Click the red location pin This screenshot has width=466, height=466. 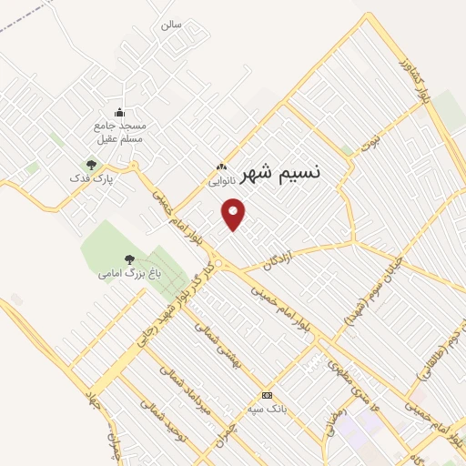(235, 215)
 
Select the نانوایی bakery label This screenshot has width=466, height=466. (222, 181)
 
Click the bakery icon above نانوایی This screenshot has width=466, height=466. (221, 167)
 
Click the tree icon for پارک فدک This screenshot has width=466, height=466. (90, 165)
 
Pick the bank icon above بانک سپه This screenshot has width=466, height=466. (267, 395)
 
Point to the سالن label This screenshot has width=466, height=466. (171, 25)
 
